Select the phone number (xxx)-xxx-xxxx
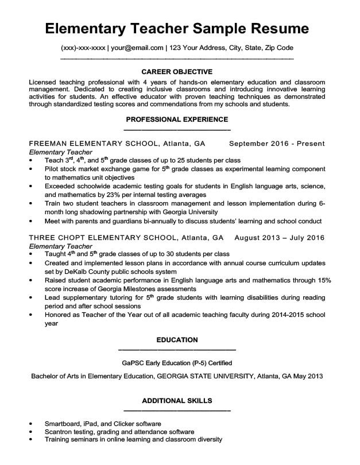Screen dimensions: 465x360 point(82,48)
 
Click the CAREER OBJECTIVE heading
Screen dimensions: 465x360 point(177,72)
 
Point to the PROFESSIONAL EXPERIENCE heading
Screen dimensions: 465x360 point(177,119)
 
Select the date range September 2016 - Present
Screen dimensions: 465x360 point(277,144)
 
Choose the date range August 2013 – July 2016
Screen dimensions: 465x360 point(280,237)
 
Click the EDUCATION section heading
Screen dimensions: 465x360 point(177,340)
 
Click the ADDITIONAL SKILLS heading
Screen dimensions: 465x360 point(177,400)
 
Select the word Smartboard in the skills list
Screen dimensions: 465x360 point(63,424)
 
